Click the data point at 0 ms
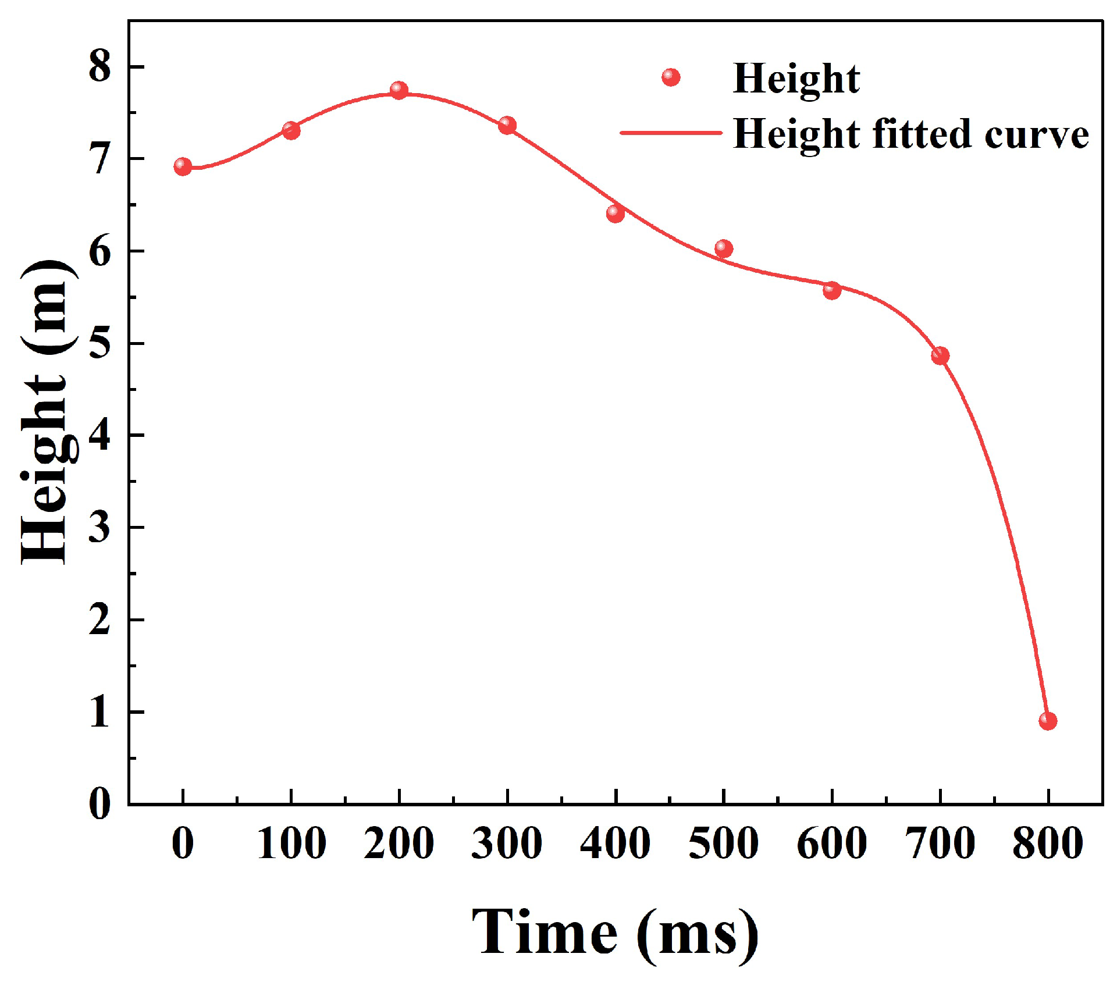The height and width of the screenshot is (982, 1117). point(183,167)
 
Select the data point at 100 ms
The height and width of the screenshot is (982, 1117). point(291,130)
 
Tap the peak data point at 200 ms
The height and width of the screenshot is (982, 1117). point(399,90)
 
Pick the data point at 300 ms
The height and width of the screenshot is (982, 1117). point(507,125)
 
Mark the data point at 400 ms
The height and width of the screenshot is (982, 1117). point(615,214)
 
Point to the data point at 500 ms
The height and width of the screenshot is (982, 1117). point(723,248)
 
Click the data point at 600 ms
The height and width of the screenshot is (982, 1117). point(832,290)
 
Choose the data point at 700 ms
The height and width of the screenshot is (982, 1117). point(940,355)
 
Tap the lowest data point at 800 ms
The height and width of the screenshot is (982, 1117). point(1048,721)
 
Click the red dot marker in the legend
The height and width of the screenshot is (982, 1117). point(671,77)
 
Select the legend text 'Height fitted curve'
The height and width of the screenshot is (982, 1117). point(910,134)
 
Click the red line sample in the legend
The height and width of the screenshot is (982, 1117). point(671,133)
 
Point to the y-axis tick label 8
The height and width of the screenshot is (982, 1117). point(99,66)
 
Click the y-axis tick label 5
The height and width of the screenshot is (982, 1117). point(99,343)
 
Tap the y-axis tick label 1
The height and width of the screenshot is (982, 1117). point(99,711)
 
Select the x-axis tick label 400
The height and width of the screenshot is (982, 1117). point(615,844)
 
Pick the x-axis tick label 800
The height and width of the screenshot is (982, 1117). point(1048,844)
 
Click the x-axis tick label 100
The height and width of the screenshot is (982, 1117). point(291,844)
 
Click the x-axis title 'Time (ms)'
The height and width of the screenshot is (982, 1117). point(615,933)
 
